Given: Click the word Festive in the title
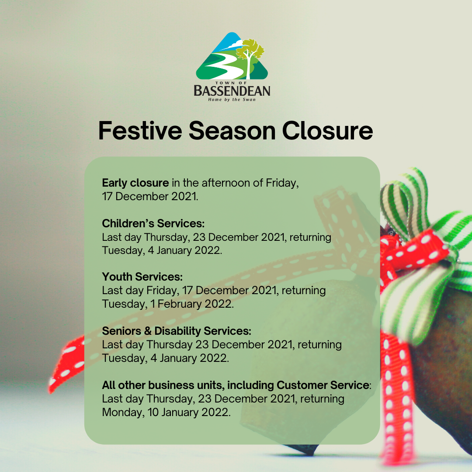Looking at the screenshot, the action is tap(140, 131).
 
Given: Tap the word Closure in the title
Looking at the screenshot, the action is tap(327, 131).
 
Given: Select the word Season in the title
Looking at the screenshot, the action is tap(232, 131).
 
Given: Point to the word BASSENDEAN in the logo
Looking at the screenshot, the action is tap(232, 90).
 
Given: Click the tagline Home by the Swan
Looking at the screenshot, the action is tap(232, 100).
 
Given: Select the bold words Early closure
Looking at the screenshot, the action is tap(135, 183).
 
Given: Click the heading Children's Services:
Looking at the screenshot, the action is tap(153, 223).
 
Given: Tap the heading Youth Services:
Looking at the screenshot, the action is tap(142, 277).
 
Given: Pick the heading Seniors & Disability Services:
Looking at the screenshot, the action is tap(177, 331).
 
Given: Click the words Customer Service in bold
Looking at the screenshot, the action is tap(323, 385).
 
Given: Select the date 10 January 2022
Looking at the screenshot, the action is tap(189, 412).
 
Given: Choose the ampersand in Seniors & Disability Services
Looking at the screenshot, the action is tap(148, 331).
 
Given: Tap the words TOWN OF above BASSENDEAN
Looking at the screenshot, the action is tap(231, 83).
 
